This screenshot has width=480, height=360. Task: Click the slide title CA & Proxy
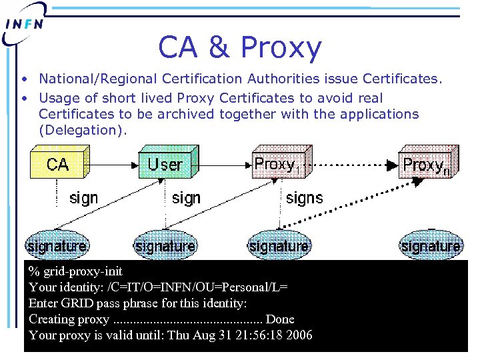240,47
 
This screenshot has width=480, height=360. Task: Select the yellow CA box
57,164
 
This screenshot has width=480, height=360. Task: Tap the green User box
165,164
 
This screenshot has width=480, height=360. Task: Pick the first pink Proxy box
275,164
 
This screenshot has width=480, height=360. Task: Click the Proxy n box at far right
425,164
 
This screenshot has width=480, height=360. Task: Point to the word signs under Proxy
304,198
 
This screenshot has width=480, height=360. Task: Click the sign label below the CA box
83,198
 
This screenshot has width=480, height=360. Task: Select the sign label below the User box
186,198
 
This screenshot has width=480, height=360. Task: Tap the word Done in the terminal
279,319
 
